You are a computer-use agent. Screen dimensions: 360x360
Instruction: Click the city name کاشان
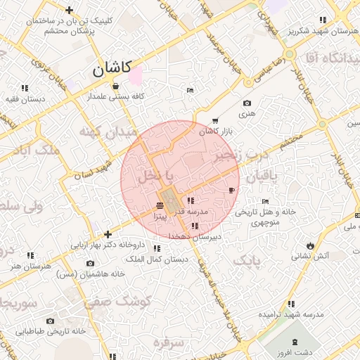click(111, 69)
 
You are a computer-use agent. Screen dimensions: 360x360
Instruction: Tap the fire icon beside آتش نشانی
click(310, 245)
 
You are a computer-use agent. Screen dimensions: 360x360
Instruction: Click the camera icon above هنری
click(246, 103)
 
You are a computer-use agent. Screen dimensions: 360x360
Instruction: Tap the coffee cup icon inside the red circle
click(231, 190)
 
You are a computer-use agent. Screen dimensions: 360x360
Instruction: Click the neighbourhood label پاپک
click(246, 262)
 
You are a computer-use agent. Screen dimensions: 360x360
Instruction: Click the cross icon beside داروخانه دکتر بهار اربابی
click(107, 234)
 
